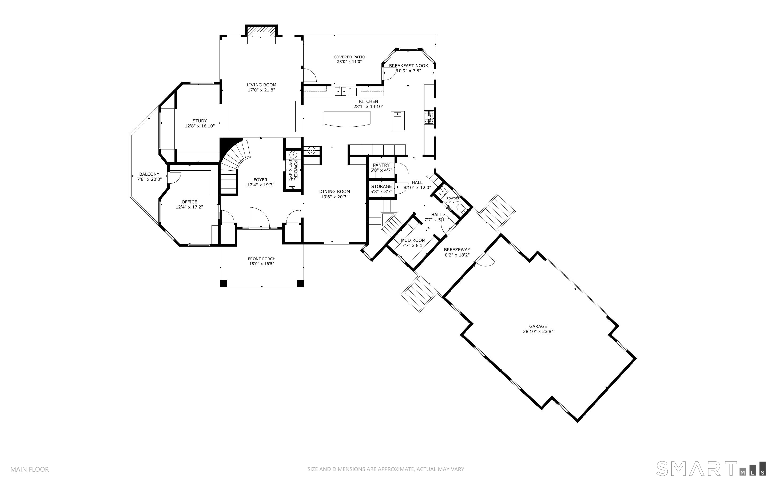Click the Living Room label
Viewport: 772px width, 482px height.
point(261,85)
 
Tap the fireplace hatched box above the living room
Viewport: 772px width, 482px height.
point(261,32)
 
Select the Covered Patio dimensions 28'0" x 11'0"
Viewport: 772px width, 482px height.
point(349,62)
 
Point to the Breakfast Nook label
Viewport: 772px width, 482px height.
point(408,66)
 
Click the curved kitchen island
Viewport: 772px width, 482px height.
point(347,119)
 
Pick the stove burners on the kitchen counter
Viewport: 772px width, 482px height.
point(429,117)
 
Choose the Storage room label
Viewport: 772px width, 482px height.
point(381,187)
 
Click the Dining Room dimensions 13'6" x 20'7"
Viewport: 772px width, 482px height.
point(335,197)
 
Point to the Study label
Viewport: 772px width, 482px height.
point(200,121)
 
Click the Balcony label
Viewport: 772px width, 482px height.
point(149,174)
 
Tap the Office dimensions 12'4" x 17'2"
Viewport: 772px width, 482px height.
point(189,207)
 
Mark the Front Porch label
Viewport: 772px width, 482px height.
point(262,259)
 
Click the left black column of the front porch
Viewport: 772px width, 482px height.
point(224,283)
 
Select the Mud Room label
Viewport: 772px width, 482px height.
point(413,240)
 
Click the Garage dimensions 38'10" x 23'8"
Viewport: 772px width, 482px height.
point(538,332)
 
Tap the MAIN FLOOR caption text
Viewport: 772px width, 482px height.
point(30,469)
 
